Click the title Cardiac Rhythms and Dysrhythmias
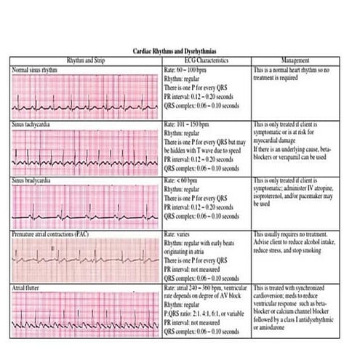pyautogui.click(x=180, y=52)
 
